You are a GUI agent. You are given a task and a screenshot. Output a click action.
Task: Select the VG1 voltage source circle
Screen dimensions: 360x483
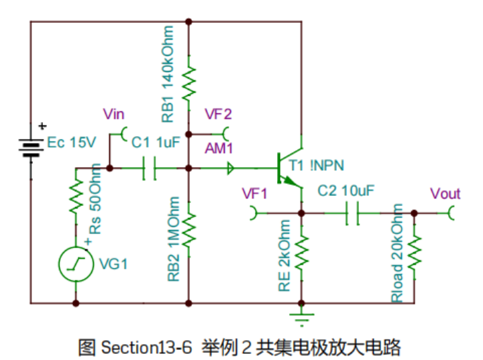point(74,264)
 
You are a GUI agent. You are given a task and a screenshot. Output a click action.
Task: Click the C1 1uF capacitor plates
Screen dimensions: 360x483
point(150,168)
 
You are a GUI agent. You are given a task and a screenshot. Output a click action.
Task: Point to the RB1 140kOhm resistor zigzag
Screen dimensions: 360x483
point(189,80)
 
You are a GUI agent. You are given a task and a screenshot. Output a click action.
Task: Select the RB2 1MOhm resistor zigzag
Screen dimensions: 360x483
point(189,228)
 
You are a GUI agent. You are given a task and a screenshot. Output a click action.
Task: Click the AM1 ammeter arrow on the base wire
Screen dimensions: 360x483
point(231,168)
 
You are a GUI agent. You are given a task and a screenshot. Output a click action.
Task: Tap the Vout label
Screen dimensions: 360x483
point(445,194)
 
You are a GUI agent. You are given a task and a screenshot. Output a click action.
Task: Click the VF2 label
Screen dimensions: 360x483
point(218,114)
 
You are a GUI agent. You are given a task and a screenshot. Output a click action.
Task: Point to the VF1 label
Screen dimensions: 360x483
point(254,194)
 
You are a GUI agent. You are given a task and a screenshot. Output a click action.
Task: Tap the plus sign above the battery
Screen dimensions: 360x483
point(42,125)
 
